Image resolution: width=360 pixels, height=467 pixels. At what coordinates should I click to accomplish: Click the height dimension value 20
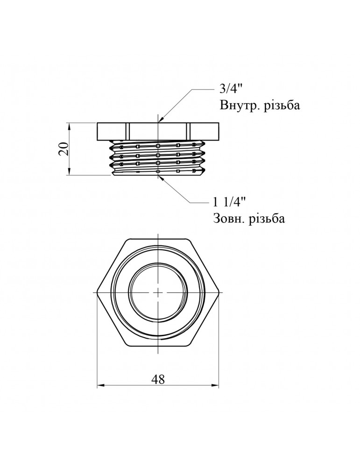[x=65, y=149]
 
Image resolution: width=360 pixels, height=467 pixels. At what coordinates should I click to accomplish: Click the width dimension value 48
[x=158, y=379]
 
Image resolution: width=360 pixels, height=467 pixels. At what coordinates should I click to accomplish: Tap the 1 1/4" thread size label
[x=229, y=202]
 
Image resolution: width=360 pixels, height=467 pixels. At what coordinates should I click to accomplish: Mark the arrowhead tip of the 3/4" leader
[x=160, y=122]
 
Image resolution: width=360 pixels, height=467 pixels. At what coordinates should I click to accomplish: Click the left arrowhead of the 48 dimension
[x=99, y=386]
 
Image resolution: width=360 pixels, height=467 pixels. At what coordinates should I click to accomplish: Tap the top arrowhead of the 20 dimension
[x=69, y=124]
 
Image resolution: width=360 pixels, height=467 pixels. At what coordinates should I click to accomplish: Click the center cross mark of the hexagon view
[x=158, y=292]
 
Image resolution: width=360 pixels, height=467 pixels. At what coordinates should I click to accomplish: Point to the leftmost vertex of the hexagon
[x=97, y=292]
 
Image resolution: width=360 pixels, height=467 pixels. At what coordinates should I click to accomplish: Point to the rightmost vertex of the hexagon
[x=219, y=292]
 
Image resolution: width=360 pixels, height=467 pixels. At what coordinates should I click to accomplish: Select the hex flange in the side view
[x=158, y=131]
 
